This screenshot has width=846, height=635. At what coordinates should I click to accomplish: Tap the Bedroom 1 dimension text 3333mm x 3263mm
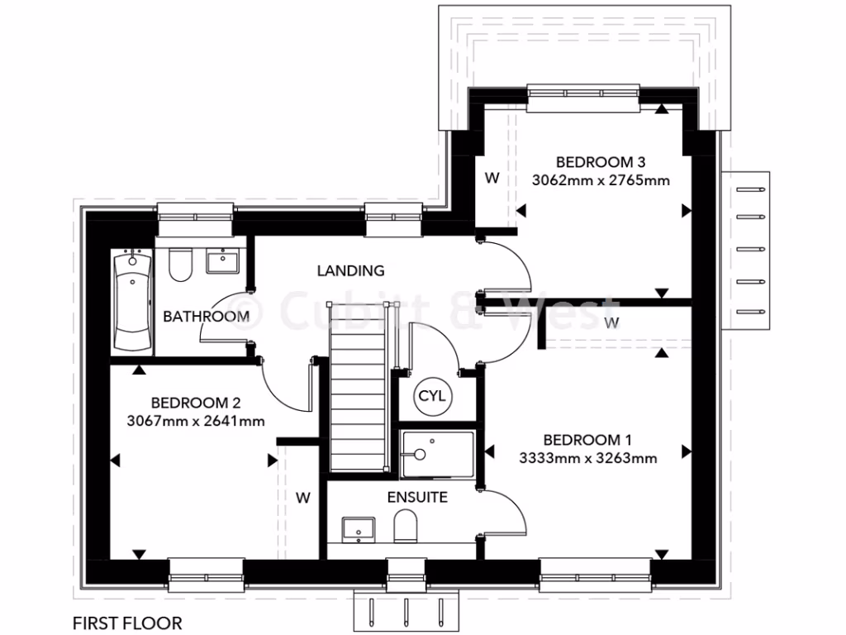coord(588,458)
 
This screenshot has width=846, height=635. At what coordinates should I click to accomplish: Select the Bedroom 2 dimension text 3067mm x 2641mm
coord(195,421)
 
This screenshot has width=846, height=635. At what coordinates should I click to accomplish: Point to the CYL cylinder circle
coord(431,396)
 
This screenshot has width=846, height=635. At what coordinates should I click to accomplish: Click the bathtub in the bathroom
coord(132,302)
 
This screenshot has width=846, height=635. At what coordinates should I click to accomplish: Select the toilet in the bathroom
coord(179,265)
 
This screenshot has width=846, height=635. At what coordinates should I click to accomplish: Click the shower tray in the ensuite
coord(437,454)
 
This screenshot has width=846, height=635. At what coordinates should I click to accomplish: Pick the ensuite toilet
coord(405,526)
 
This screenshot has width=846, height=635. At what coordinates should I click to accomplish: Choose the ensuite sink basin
coord(359,528)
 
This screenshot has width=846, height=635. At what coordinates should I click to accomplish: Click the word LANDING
coord(351,270)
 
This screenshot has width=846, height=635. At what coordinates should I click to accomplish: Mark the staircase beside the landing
coord(359,389)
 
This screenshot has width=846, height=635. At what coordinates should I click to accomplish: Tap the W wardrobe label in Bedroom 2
coord(303,498)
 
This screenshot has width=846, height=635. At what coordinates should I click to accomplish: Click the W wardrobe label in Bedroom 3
coord(492,178)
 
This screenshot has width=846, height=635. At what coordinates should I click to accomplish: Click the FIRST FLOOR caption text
coord(126,623)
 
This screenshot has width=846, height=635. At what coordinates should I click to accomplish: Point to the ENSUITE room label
coord(417,497)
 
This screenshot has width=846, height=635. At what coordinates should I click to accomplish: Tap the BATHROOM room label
coord(206,316)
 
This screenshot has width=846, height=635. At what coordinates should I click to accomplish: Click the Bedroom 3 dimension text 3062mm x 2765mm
coord(600,179)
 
